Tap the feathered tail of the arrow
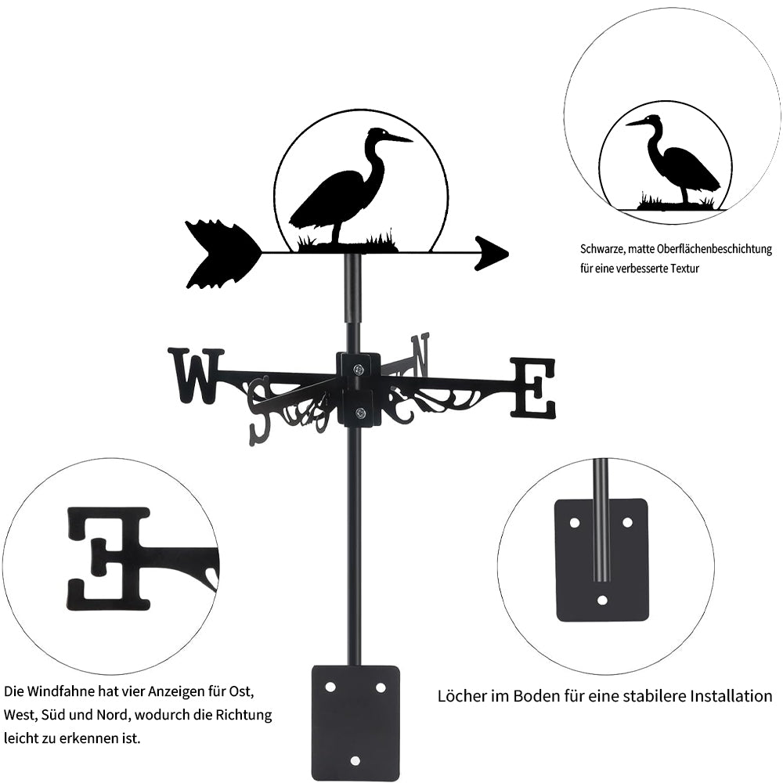221,254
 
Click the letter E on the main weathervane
533,388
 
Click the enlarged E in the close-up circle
108,558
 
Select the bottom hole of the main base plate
355,760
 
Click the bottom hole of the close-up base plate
601,601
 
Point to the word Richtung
245,715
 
